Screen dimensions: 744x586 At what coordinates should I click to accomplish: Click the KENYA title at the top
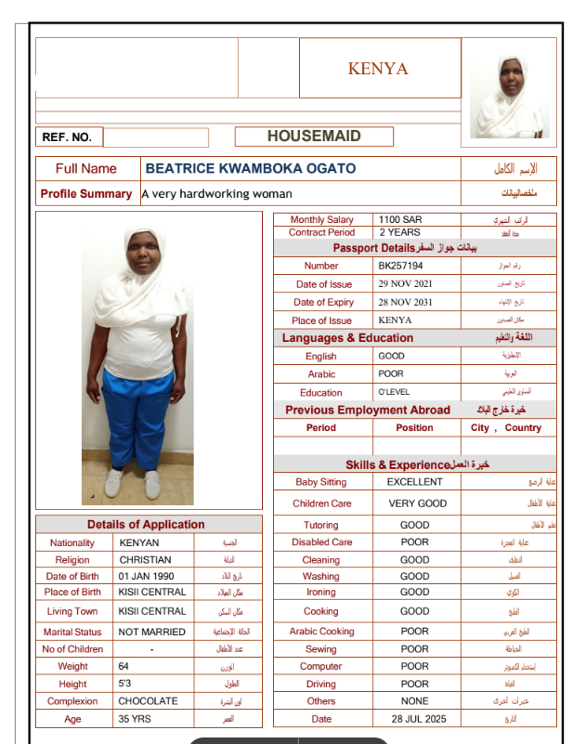click(x=378, y=69)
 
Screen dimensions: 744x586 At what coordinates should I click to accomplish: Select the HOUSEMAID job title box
click(x=314, y=137)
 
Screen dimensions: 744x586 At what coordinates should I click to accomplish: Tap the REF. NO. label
click(x=67, y=137)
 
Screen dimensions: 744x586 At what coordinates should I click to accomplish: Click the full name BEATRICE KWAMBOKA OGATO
click(x=251, y=169)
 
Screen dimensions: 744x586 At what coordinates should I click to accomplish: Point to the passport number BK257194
click(x=400, y=266)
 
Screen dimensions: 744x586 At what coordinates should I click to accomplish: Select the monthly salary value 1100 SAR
click(x=400, y=220)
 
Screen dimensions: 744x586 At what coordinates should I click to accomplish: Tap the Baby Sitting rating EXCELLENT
click(x=415, y=482)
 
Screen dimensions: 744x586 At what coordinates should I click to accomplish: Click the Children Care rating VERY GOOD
click(x=417, y=503)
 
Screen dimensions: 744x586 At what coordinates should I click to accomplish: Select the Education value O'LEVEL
click(x=394, y=392)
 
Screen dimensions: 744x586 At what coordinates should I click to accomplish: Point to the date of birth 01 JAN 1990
click(x=150, y=577)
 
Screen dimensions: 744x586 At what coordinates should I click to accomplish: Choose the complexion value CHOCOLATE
click(x=149, y=701)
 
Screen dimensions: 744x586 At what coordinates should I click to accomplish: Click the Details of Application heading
click(x=146, y=525)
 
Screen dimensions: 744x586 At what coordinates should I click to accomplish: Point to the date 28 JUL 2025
click(x=418, y=719)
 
